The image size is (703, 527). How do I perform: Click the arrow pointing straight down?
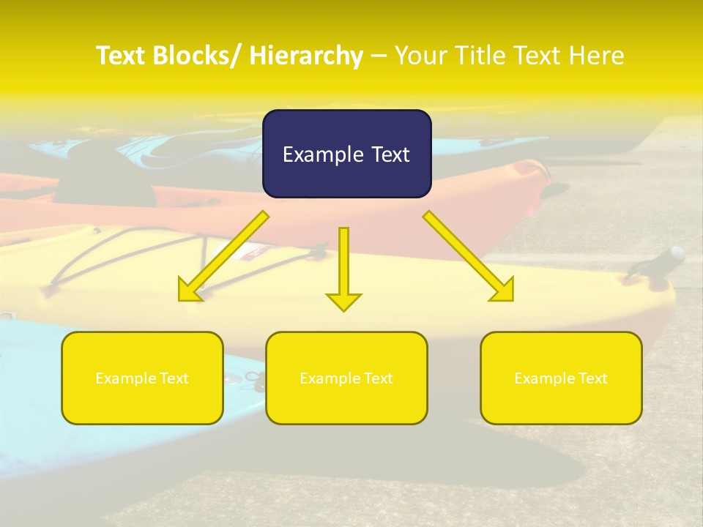pyautogui.click(x=343, y=263)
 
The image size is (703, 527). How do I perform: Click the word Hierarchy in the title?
pyautogui.click(x=306, y=56)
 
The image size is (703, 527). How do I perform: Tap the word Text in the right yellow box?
pyautogui.click(x=592, y=378)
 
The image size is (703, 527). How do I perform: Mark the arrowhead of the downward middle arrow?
pyautogui.click(x=343, y=301)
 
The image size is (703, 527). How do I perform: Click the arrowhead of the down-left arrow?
pyautogui.click(x=189, y=291)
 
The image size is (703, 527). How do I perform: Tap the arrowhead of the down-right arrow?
pyautogui.click(x=503, y=291)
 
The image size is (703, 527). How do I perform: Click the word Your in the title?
pyautogui.click(x=421, y=56)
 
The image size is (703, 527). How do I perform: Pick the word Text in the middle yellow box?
pyautogui.click(x=377, y=378)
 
